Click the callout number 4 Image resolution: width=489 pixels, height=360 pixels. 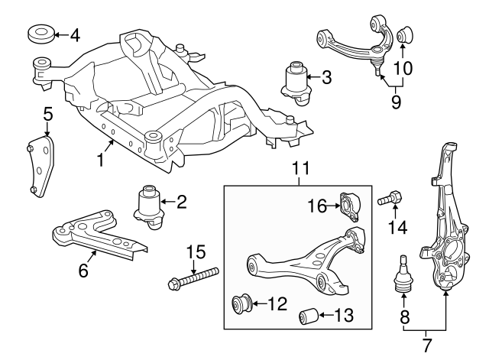tap(74, 35)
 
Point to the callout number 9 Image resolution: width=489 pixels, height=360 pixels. tap(395, 99)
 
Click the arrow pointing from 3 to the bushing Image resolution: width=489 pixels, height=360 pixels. tap(312, 76)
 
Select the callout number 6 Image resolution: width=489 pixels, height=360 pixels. tap(83, 270)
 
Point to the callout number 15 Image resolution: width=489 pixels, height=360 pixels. tap(196, 250)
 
